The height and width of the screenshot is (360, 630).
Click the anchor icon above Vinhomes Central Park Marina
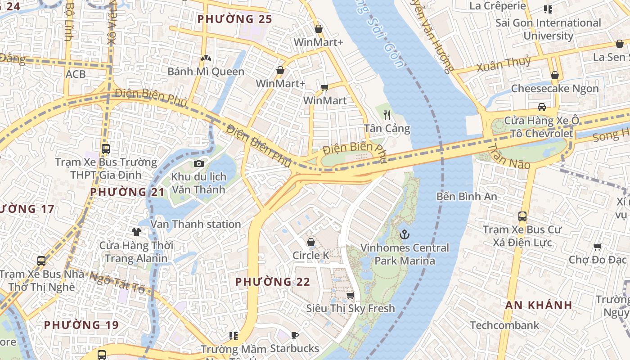(x=405, y=234)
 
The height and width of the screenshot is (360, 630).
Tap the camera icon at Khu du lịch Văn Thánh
(x=198, y=163)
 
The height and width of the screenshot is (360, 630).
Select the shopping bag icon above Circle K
(x=310, y=243)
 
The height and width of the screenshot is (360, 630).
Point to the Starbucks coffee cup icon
(x=294, y=335)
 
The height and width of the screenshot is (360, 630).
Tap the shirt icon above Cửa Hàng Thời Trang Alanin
(x=136, y=232)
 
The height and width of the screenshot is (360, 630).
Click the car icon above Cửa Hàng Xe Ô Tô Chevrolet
(x=542, y=107)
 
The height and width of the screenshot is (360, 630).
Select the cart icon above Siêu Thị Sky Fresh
(x=350, y=295)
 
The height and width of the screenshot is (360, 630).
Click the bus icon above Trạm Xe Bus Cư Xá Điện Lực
(x=522, y=216)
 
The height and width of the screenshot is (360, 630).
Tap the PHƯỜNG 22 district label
(x=273, y=282)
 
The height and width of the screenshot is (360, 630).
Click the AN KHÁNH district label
(x=539, y=305)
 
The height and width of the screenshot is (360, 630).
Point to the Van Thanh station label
(x=196, y=224)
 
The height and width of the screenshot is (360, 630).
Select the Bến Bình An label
(x=467, y=197)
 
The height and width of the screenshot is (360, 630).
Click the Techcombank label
(x=504, y=325)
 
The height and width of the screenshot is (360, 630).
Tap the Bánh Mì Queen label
(x=206, y=72)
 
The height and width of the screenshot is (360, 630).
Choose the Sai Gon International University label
(x=548, y=29)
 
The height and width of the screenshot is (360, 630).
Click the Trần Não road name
(x=509, y=157)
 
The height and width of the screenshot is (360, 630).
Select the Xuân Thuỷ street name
(x=504, y=64)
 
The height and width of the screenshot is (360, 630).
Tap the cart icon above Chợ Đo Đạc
(x=597, y=247)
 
